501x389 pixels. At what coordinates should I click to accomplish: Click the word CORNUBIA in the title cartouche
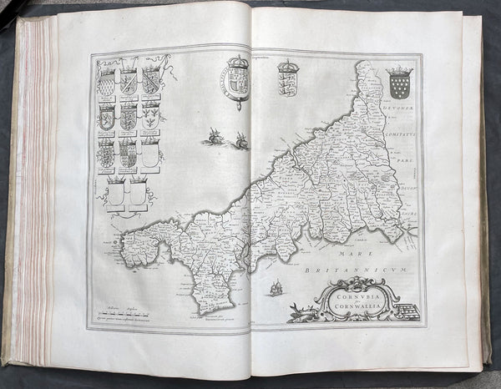click(344, 292)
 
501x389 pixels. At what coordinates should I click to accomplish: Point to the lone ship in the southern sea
click(275, 288)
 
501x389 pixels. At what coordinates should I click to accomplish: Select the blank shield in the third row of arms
click(149, 154)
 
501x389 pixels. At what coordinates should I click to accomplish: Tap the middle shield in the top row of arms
click(128, 81)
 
